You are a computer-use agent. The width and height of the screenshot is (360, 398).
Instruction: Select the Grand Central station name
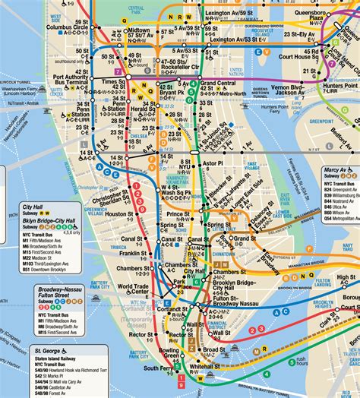[216, 84]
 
